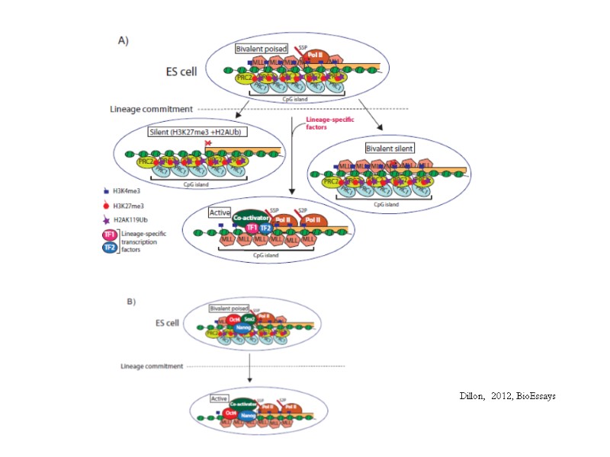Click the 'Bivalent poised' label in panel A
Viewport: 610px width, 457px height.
tap(262, 48)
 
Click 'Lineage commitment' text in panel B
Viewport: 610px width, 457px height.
tap(152, 366)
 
